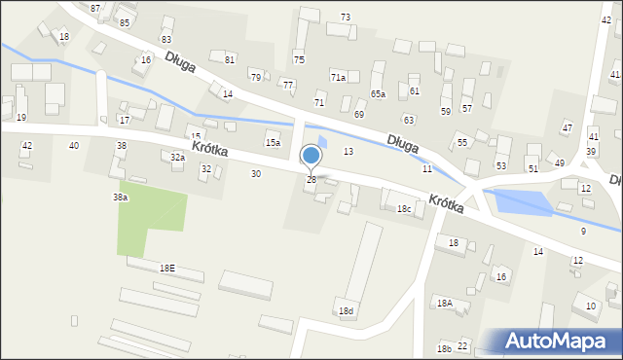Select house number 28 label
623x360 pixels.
(x=311, y=180)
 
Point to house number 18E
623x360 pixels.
(x=167, y=268)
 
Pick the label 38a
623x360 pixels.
(x=120, y=197)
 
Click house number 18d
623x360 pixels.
(x=346, y=310)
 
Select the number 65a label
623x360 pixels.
(x=378, y=94)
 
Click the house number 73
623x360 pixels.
(x=346, y=18)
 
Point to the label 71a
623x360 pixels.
(x=338, y=77)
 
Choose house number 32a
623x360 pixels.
(x=177, y=157)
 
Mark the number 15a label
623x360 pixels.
(x=274, y=143)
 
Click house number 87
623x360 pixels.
(x=94, y=8)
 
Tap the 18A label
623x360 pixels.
(x=444, y=304)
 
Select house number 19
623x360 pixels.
(x=21, y=117)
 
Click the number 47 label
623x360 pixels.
(x=567, y=128)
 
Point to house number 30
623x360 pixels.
(x=255, y=173)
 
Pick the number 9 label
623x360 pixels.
(x=583, y=231)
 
